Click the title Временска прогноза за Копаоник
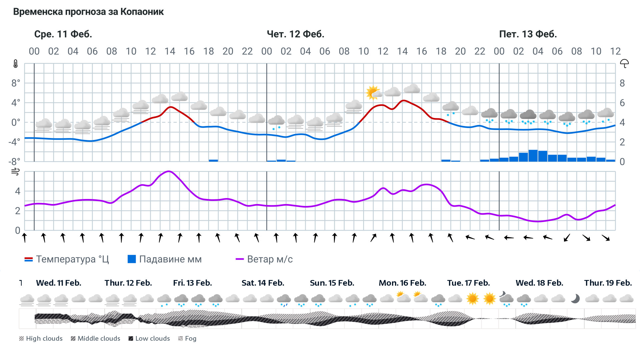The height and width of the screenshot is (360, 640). pos(88,12)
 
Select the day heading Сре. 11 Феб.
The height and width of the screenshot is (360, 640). pos(63,34)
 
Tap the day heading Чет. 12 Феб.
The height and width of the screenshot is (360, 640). pos(295,34)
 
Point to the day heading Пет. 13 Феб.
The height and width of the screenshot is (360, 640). pos(528,34)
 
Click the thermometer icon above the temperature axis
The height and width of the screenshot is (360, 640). pos(16,64)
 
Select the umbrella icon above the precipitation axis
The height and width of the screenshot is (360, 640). pos(624,63)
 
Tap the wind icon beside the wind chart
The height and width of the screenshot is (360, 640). pos(15,172)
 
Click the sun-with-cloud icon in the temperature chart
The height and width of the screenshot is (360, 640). pos(373,92)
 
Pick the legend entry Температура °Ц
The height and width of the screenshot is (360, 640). pos(67,259)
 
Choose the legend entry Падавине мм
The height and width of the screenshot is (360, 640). pos(165,259)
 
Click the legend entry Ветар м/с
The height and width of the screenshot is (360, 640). pos(264,259)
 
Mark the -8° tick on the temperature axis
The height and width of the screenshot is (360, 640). pos(14,162)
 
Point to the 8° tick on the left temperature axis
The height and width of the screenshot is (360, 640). pos(16,83)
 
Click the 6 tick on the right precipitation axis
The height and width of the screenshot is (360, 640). pos(622,103)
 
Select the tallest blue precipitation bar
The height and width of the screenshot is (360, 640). pos(533,156)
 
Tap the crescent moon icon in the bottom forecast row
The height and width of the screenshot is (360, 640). pos(575,298)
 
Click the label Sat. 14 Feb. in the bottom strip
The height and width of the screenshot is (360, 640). pos(263,283)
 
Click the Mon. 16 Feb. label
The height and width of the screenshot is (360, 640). pos(402,283)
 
